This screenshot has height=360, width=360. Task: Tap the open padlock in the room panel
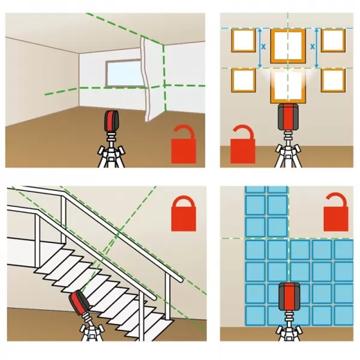coord(184,144)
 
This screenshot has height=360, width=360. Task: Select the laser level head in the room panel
coord(112,121)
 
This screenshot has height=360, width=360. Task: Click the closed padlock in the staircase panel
coord(184,214)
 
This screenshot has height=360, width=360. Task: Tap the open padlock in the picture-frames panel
coord(242,144)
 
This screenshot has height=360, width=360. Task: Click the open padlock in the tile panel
coord(336,212)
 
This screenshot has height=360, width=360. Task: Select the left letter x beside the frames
coord(263,47)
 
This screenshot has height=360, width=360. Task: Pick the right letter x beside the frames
coord(313,47)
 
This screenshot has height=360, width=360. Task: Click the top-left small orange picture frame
coord(244,40)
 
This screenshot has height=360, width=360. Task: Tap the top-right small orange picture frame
coord(333,40)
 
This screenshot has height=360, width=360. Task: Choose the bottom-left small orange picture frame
coord(244,80)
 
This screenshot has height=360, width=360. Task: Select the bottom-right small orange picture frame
coord(333,80)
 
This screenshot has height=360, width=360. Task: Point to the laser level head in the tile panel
coord(289,296)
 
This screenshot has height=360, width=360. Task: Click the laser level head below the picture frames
coord(288,117)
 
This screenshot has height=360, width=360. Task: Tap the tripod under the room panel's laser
coord(112,149)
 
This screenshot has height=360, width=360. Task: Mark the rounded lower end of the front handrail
coord(179,279)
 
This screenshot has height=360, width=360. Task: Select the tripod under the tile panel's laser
coord(289,326)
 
